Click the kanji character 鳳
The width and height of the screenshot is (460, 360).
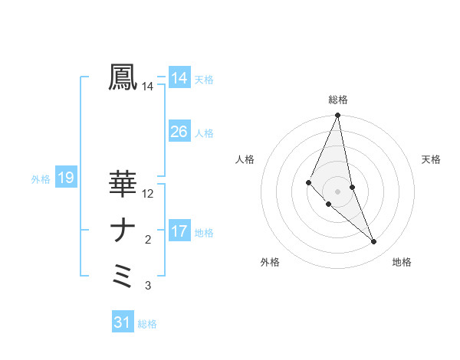point(123,77)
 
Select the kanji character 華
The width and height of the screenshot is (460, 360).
point(123,184)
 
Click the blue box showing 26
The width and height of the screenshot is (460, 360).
point(179,132)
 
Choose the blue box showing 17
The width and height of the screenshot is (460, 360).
point(179,231)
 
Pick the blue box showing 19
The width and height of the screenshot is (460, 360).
point(65,178)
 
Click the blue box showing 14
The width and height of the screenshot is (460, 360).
point(179,78)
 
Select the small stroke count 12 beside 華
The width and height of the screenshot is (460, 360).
point(148,194)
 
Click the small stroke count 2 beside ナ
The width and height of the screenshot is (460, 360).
point(148,241)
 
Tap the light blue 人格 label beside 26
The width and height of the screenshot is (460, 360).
point(204,133)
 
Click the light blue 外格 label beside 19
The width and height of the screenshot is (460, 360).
point(41,179)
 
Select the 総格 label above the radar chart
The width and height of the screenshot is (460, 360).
point(337,100)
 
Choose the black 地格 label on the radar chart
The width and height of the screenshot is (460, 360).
point(402,263)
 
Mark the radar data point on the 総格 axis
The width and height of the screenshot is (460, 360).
point(337,116)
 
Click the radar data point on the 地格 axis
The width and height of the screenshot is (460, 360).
point(374,242)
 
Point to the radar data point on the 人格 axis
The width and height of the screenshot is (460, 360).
point(308,182)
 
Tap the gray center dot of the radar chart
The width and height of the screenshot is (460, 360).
point(337,191)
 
